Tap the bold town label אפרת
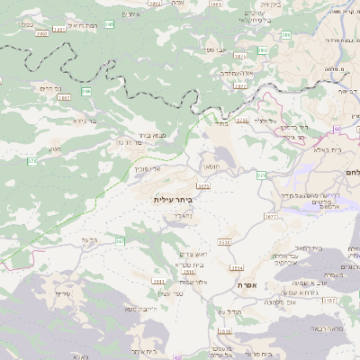[x=248, y=285]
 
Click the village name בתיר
[x=220, y=125]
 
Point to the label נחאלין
[x=183, y=216]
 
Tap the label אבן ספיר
[x=220, y=50]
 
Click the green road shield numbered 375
[x=33, y=161]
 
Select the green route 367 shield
[x=120, y=241]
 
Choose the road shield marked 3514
[x=237, y=267]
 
